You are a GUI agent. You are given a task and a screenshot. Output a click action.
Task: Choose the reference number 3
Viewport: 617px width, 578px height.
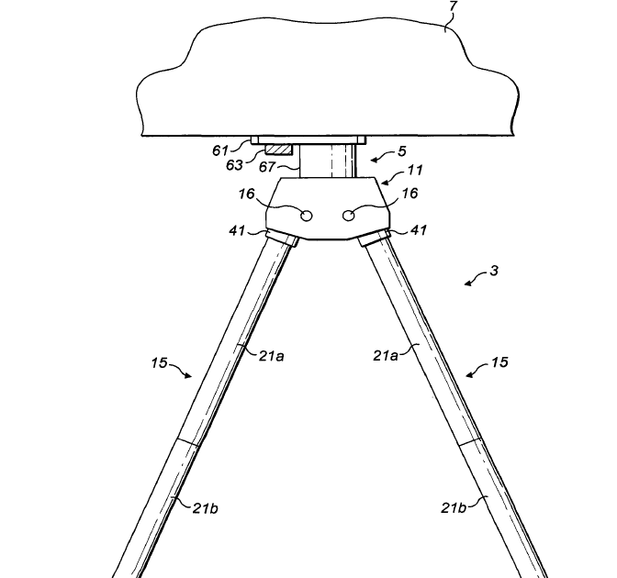(496, 272)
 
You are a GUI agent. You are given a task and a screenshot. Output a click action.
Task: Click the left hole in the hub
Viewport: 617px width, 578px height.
(306, 215)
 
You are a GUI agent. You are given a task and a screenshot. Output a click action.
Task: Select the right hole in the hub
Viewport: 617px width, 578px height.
(349, 215)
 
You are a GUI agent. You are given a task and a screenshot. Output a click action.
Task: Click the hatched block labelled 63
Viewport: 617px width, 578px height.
(277, 149)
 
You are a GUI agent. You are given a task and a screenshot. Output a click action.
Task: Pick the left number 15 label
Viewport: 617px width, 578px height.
(161, 365)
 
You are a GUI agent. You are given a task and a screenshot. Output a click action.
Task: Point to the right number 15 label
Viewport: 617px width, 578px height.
(499, 364)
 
